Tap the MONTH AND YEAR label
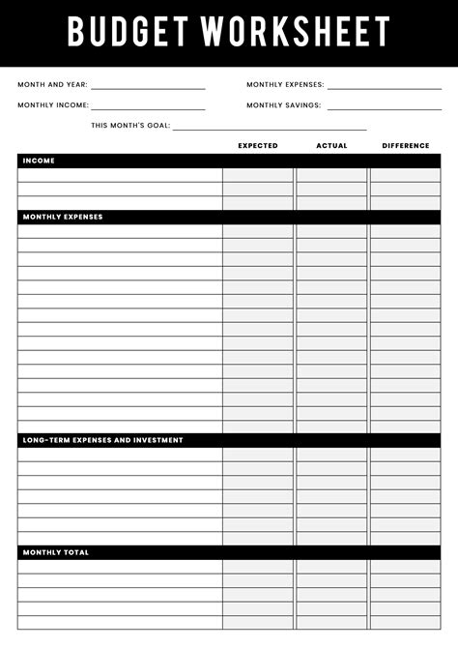click(52, 85)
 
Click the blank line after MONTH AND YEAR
click(148, 87)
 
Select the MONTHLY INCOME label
click(53, 105)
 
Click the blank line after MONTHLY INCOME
click(148, 107)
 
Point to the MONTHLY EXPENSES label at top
click(285, 85)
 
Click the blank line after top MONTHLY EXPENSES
click(384, 87)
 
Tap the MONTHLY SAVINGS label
click(284, 105)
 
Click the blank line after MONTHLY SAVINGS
click(384, 107)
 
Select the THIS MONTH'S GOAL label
click(129, 126)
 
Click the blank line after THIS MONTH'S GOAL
click(270, 128)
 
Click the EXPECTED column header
click(258, 146)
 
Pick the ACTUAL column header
click(331, 146)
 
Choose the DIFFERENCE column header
click(406, 146)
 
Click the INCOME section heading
click(39, 161)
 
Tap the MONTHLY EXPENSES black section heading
click(63, 217)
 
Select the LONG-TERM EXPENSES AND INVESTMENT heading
click(102, 440)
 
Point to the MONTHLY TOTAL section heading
click(56, 552)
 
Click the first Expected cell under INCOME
click(258, 175)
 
